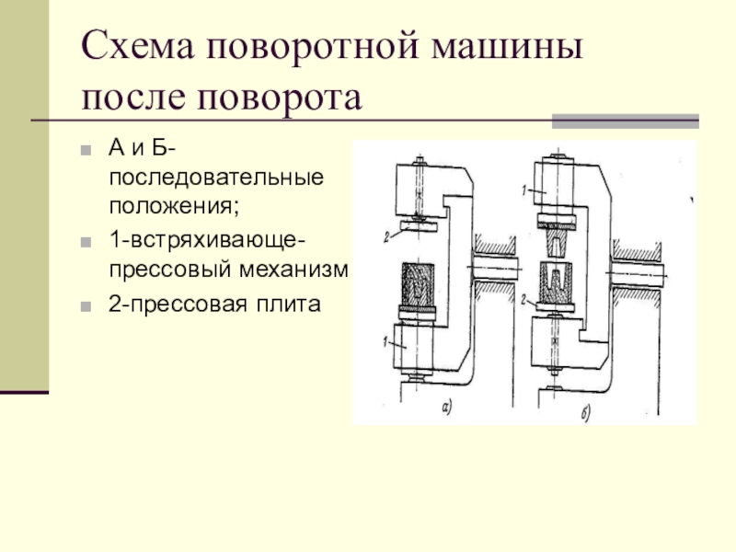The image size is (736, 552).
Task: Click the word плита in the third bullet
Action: [291, 303]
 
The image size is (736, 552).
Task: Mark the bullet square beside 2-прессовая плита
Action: [86, 304]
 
